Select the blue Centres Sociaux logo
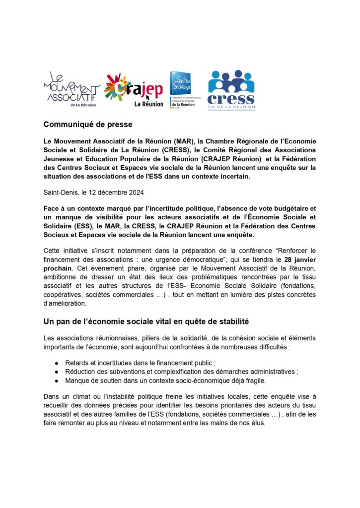pos(182,89)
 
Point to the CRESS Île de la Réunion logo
pos(231,89)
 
